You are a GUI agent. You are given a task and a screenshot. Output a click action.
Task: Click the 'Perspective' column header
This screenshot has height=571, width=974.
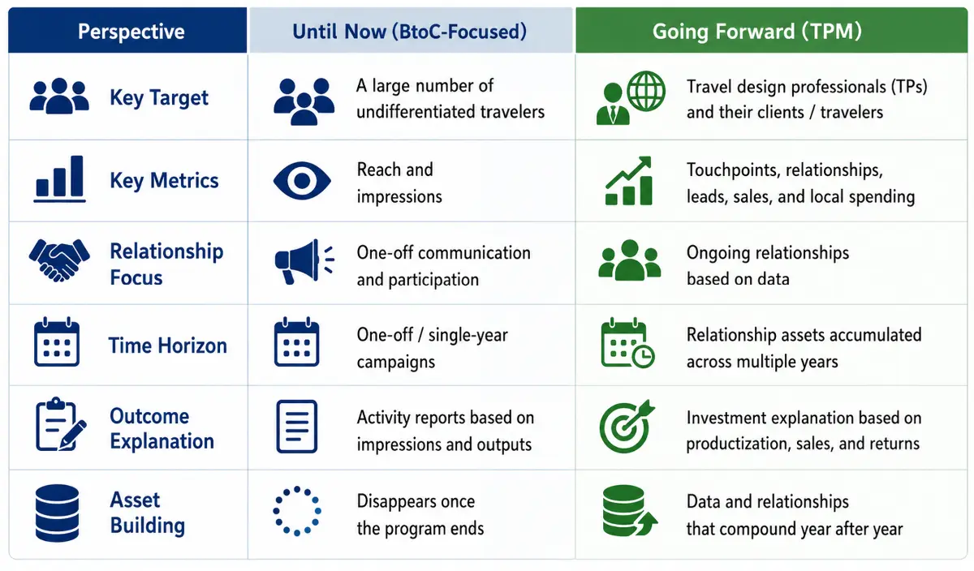tap(131, 32)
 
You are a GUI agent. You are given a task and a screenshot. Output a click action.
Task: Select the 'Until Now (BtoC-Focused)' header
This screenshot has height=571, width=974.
tap(409, 32)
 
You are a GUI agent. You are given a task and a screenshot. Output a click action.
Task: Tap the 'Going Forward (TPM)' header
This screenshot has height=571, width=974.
tap(756, 32)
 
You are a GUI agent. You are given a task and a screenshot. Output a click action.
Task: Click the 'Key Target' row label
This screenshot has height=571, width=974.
tap(159, 98)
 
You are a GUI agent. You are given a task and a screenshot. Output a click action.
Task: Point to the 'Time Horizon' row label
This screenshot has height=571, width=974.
tap(167, 346)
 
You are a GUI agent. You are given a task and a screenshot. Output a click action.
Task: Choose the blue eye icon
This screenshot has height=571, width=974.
tap(302, 181)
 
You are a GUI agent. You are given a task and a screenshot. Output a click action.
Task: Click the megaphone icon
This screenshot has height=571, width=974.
tap(304, 262)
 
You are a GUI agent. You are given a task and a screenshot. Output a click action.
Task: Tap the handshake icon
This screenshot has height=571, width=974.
tap(59, 260)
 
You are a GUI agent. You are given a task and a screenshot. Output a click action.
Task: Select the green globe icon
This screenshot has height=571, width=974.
tap(646, 92)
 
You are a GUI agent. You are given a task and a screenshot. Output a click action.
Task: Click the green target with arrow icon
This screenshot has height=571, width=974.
tap(627, 427)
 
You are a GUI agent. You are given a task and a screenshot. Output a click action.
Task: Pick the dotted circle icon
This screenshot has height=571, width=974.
tap(297, 511)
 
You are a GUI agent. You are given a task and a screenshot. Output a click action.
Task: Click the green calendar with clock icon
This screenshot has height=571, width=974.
tap(627, 343)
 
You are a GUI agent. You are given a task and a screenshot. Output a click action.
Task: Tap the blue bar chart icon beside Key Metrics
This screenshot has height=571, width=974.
tap(59, 179)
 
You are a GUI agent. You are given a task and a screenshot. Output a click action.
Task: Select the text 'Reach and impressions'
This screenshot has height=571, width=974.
tap(399, 183)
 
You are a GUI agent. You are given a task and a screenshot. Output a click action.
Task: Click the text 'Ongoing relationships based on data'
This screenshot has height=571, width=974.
tap(768, 265)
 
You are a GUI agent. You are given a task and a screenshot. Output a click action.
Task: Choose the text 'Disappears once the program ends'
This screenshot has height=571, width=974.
tap(420, 515)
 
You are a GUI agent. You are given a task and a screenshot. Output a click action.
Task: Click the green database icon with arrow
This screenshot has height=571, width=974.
tap(630, 511)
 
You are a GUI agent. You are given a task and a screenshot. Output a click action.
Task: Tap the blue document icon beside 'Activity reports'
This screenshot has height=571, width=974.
tap(296, 427)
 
